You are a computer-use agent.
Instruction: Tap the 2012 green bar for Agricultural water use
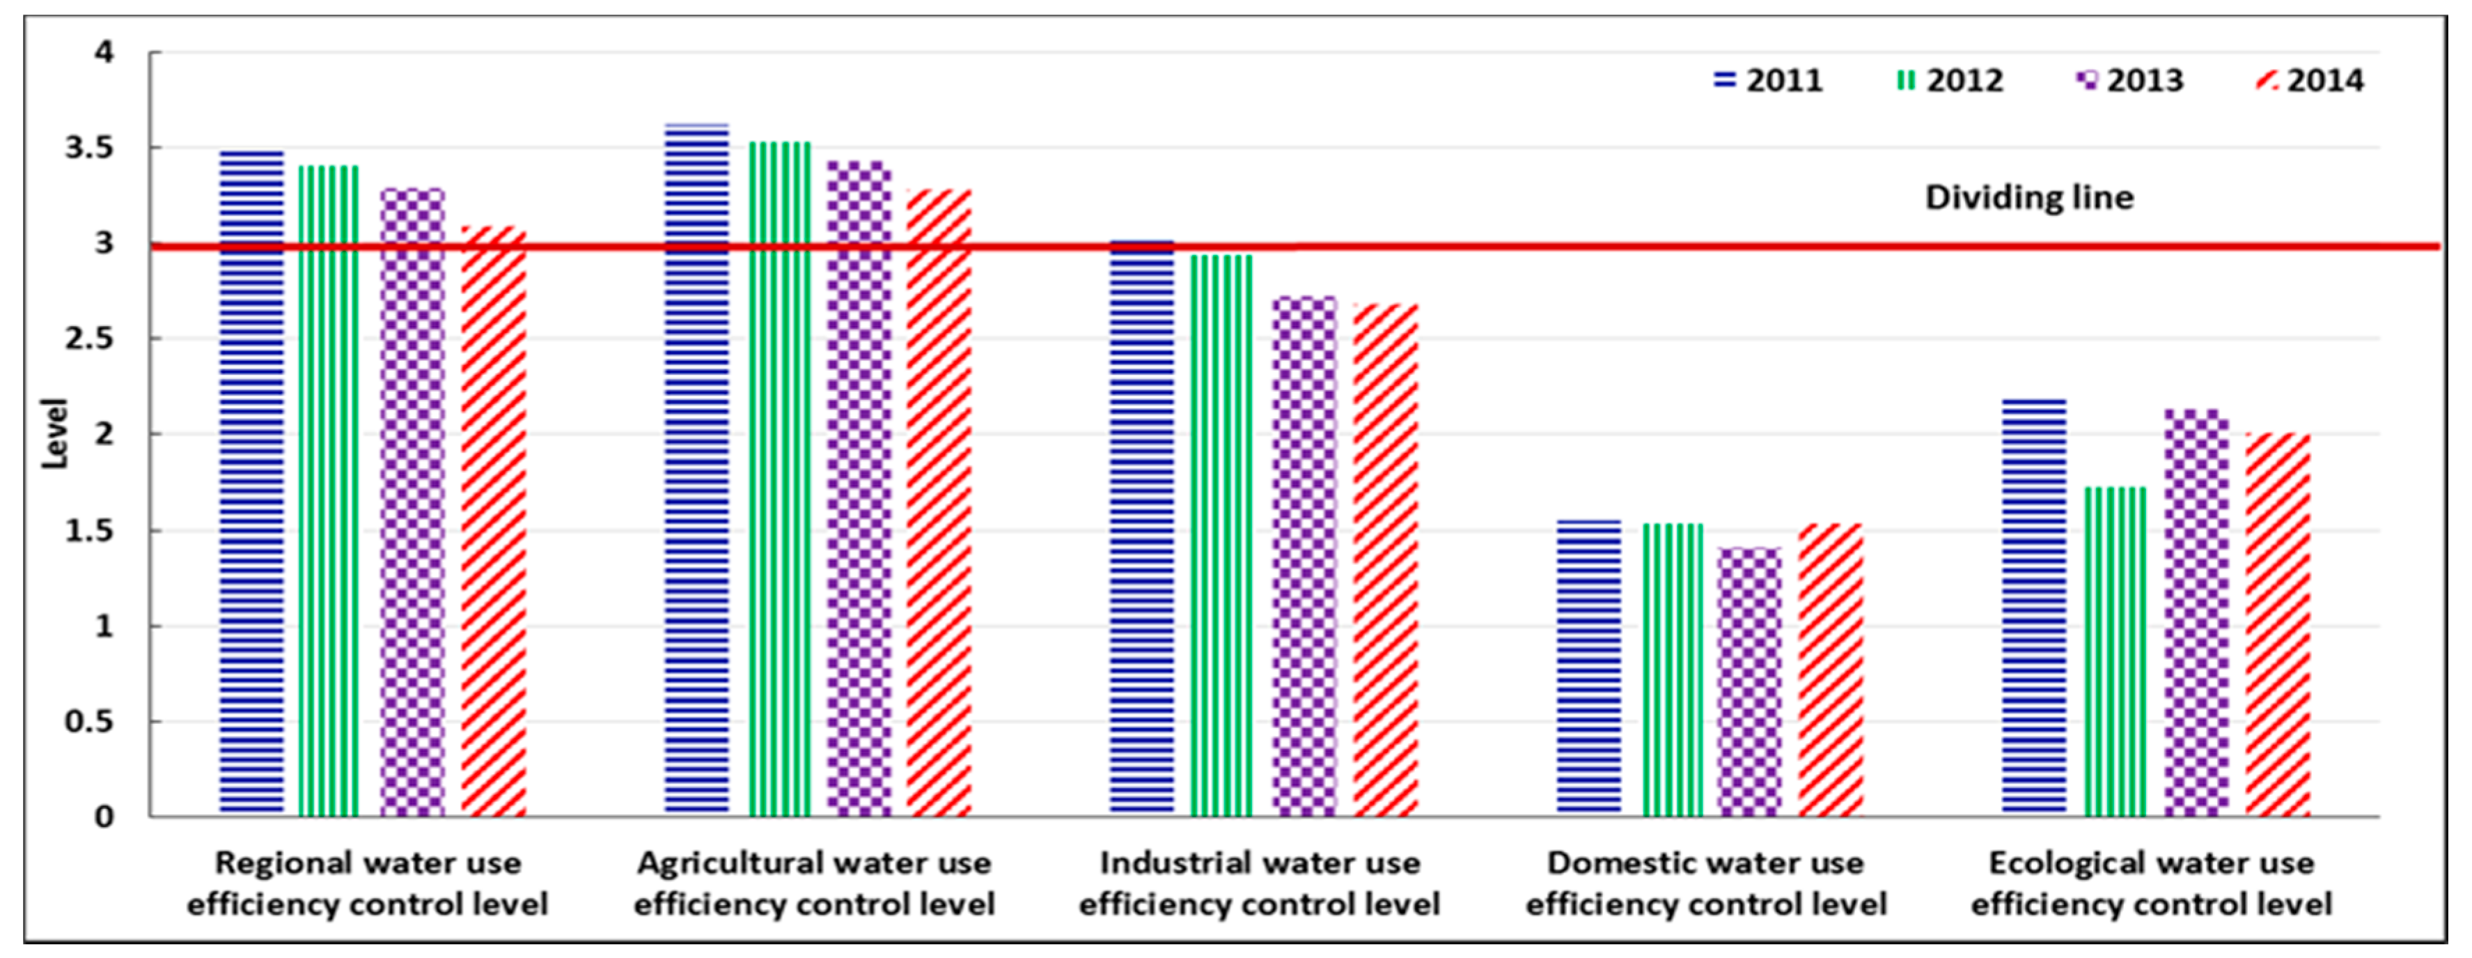point(779,479)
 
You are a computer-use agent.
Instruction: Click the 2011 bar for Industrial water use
point(1142,528)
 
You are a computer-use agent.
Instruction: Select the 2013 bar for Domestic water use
point(1749,681)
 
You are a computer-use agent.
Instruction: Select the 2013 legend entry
point(2129,81)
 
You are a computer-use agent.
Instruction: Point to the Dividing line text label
point(2028,198)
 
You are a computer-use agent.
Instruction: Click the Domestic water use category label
point(1705,883)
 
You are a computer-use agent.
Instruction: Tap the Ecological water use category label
point(2150,883)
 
